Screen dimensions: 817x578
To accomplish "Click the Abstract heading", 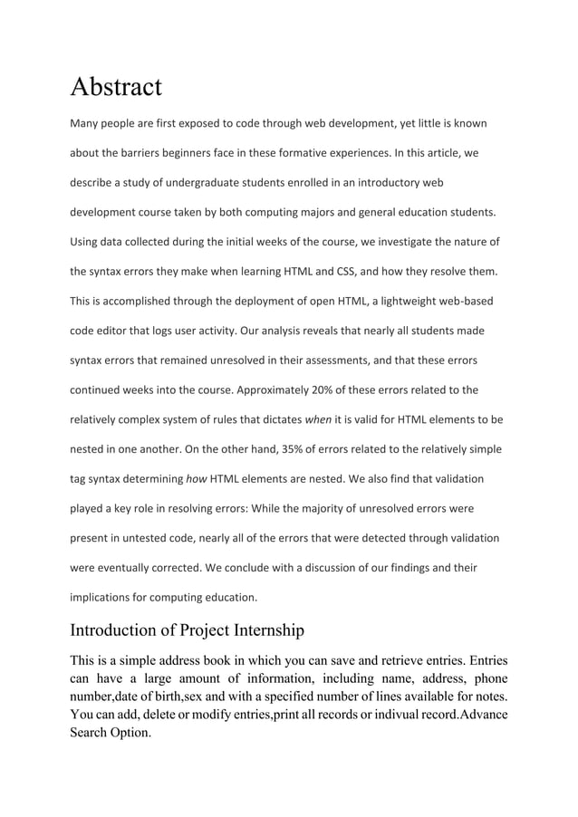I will [x=116, y=87].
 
